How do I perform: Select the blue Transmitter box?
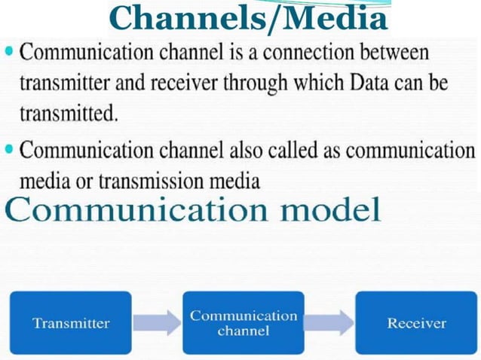71,324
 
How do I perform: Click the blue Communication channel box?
244,324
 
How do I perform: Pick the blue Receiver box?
416,324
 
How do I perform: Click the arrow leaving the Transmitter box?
157,324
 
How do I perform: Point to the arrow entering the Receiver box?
329,324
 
